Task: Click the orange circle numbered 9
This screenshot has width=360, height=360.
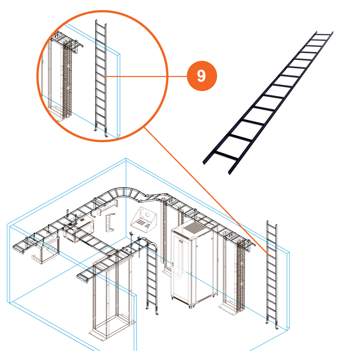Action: [x=202, y=76]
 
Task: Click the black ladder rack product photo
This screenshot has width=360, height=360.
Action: [x=268, y=103]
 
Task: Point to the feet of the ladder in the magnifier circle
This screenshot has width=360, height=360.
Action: [x=101, y=132]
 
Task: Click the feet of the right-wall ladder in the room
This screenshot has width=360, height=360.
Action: [x=272, y=326]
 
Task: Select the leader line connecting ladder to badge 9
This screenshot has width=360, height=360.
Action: [x=144, y=76]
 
